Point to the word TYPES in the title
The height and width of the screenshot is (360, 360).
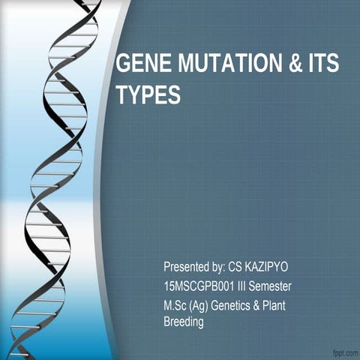[148, 96]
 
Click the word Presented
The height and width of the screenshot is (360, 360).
[187, 267]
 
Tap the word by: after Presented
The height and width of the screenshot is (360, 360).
[222, 267]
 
